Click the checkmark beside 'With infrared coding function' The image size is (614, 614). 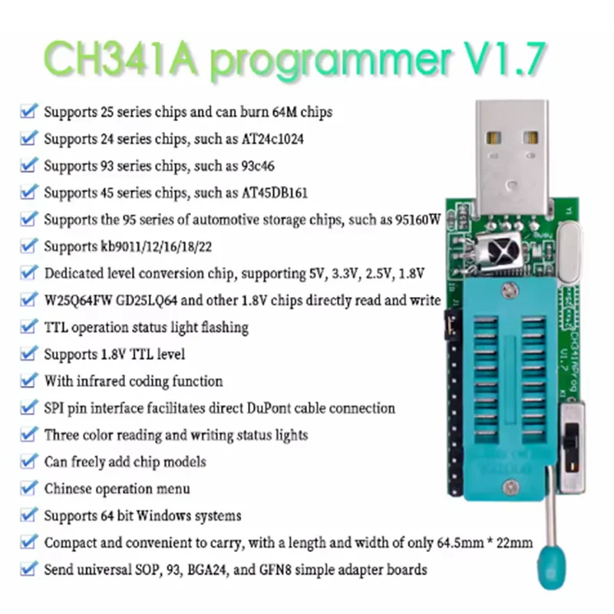(x=28, y=381)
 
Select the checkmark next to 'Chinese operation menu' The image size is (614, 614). (x=28, y=488)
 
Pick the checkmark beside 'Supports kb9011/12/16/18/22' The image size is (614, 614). (x=28, y=246)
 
